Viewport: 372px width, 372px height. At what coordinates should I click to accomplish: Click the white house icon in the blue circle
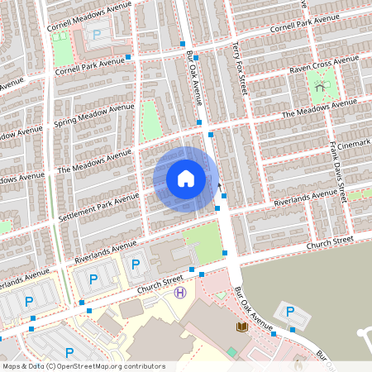(x=186, y=178)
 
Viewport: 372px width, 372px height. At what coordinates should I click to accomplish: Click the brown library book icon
(x=241, y=328)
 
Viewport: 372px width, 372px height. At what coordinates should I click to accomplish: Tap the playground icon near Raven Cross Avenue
(x=321, y=83)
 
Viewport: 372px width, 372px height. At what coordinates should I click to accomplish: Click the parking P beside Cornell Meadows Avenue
(x=98, y=35)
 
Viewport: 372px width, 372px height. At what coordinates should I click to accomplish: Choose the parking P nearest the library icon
(x=289, y=312)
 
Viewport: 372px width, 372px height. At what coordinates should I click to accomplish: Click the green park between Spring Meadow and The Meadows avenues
(x=150, y=120)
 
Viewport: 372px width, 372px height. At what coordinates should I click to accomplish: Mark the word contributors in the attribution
(x=140, y=365)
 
